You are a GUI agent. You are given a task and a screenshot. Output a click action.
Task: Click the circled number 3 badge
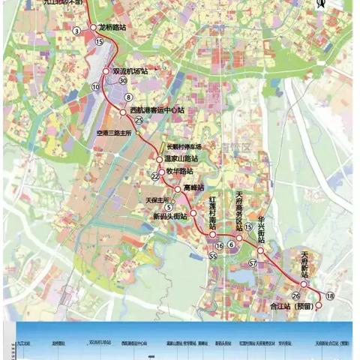(x=76, y=31)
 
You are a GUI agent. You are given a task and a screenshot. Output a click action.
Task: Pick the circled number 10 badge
(x=95, y=87)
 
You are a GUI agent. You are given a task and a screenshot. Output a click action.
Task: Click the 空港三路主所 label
(x=114, y=133)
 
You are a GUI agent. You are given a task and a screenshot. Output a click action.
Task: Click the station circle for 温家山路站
(x=159, y=159)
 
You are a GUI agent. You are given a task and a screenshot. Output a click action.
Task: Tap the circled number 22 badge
(x=155, y=176)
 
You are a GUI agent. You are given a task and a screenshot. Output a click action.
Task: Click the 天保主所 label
(x=158, y=199)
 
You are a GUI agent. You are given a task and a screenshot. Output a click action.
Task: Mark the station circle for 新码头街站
(x=193, y=214)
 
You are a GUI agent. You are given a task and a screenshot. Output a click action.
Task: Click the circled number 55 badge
(x=213, y=256)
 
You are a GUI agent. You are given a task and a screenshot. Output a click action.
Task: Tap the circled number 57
(x=253, y=263)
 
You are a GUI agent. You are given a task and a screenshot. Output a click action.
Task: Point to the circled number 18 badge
(x=330, y=298)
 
